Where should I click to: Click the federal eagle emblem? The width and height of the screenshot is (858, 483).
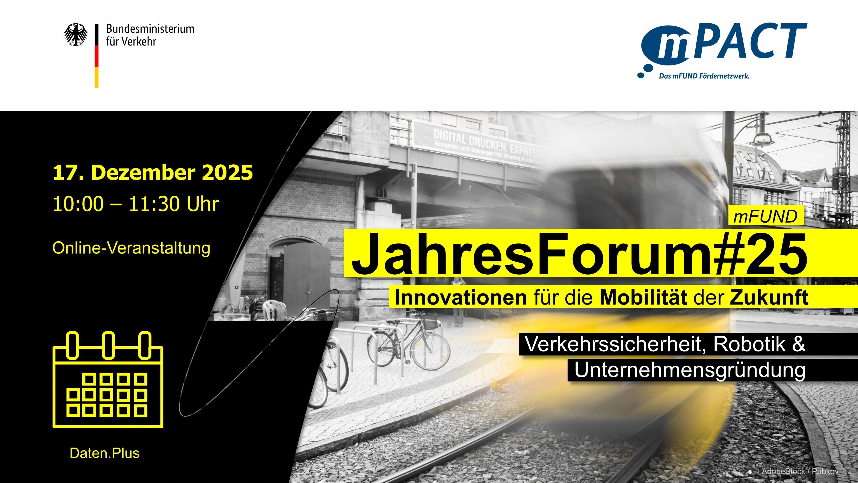click(x=76, y=35)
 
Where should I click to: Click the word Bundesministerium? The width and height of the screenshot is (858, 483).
click(x=150, y=29)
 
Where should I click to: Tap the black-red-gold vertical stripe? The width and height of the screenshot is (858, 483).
click(x=97, y=56)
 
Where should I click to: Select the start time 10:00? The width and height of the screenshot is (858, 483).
click(x=78, y=204)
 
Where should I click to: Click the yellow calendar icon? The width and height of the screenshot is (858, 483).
click(x=108, y=380)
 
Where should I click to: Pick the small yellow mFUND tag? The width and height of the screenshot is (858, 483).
click(x=765, y=216)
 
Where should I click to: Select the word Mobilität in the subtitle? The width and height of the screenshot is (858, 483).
click(x=643, y=297)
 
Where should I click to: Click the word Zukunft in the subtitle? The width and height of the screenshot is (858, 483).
click(x=769, y=297)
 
